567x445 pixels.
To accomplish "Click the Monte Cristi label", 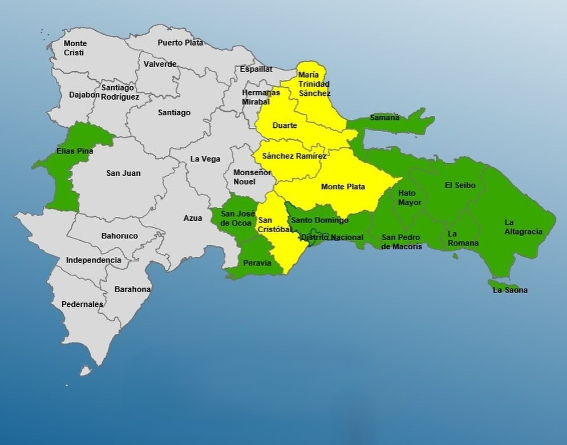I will (x=75, y=48).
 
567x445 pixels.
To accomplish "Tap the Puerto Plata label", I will (x=180, y=42).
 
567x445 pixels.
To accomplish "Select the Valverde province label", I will (x=160, y=64).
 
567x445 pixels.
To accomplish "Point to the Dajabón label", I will (x=84, y=95).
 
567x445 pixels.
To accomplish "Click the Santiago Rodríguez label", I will (x=120, y=92).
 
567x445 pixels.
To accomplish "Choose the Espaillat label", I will (x=256, y=68).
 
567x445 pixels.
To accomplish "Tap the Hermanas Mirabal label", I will (x=261, y=97).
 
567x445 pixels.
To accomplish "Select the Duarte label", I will (x=285, y=126).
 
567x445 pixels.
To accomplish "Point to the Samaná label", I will (x=384, y=118).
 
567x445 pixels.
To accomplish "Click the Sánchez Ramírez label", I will (x=294, y=156).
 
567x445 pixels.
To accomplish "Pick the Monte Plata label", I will (x=343, y=187).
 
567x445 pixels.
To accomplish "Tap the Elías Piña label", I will (x=75, y=151).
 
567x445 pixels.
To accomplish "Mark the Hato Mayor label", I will (x=410, y=197).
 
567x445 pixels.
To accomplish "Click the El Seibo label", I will (x=460, y=185).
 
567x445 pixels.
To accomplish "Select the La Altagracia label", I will (x=523, y=227).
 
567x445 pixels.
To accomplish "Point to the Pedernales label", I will (x=82, y=304).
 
